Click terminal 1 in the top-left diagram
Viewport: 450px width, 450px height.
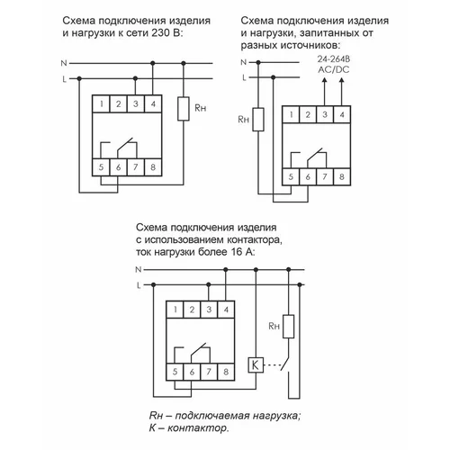(x=103, y=105)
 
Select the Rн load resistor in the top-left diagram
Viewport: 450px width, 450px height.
(x=184, y=109)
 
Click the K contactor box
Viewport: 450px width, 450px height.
(x=256, y=365)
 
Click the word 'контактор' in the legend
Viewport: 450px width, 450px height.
(x=192, y=429)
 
